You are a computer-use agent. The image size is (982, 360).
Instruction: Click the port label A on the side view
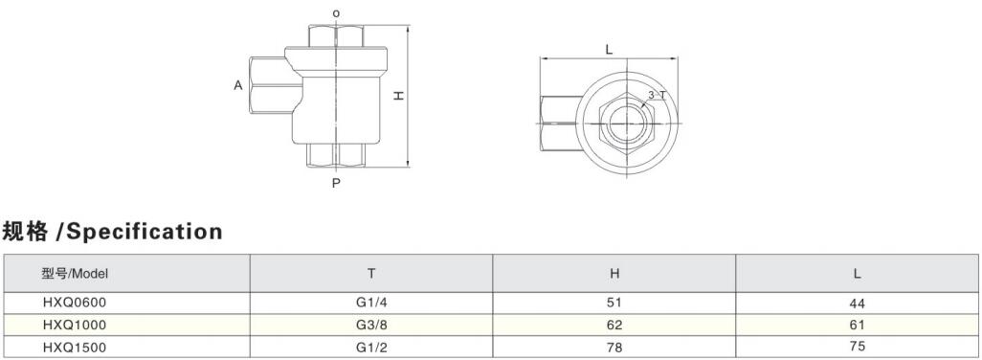[x=238, y=85]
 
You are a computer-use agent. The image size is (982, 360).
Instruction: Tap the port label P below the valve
[x=336, y=184]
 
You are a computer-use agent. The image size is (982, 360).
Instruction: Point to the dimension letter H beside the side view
[x=398, y=96]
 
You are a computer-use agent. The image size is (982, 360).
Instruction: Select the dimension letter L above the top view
[x=609, y=50]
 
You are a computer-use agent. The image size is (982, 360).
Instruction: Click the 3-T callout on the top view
[x=657, y=95]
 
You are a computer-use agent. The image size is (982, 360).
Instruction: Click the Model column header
[x=76, y=274]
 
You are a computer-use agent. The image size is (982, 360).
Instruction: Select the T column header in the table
[x=371, y=274]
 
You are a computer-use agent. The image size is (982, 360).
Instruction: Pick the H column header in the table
[x=614, y=274]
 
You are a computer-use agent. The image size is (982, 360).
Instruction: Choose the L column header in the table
[x=858, y=274]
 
